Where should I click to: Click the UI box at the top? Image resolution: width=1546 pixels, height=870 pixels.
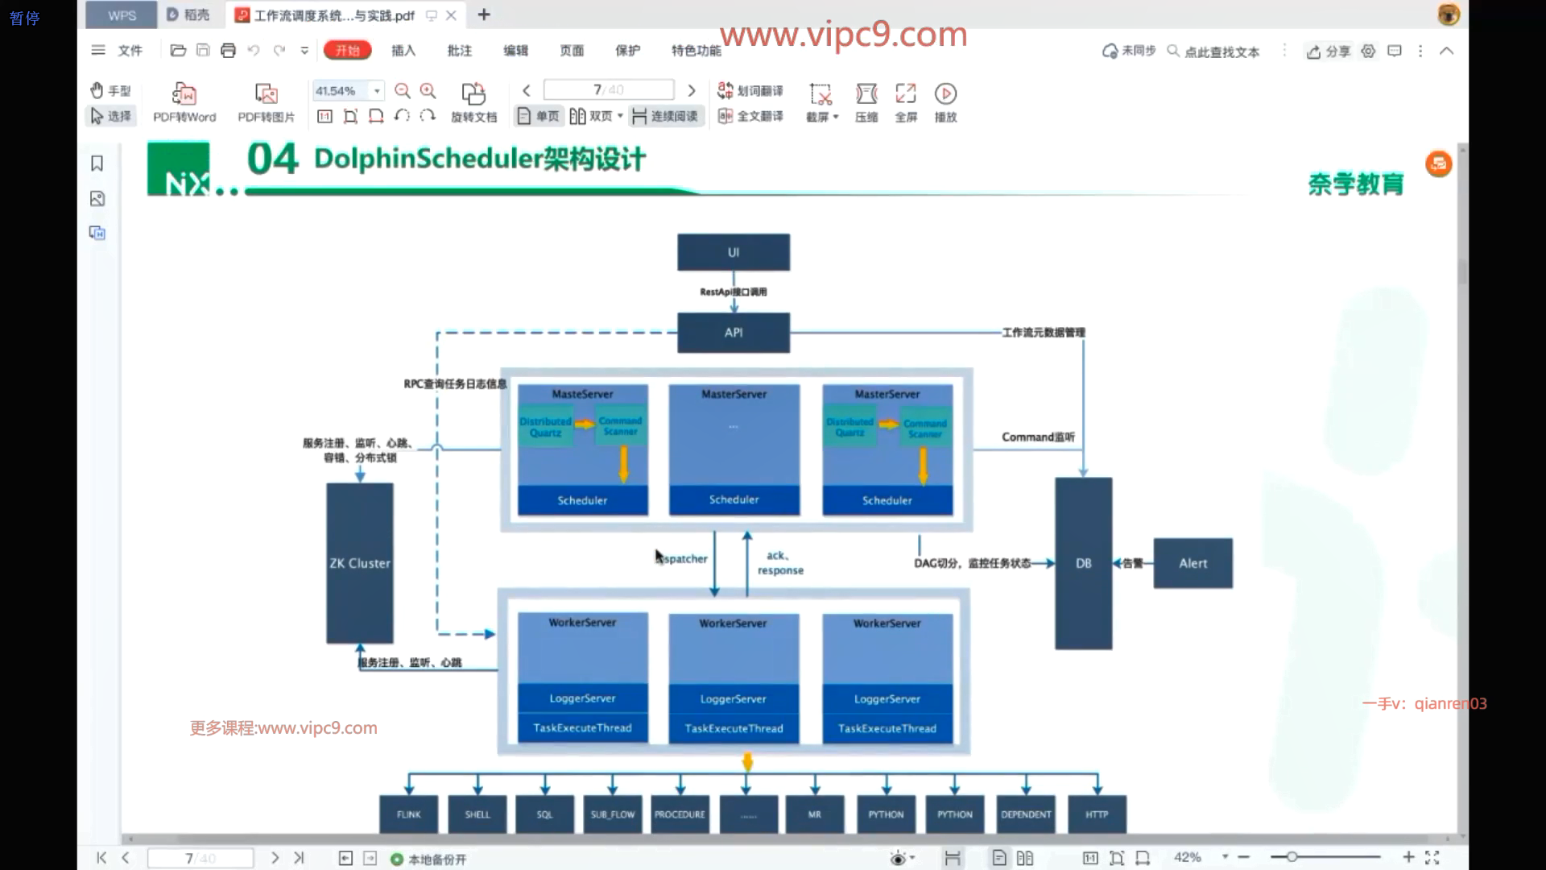[733, 252]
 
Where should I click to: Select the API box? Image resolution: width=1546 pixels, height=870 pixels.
[733, 332]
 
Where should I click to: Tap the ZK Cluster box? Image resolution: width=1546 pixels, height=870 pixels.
[359, 563]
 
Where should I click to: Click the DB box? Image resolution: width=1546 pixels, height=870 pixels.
[1083, 563]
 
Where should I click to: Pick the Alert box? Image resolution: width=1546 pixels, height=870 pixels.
[1193, 563]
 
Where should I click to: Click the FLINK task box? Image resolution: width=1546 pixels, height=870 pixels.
[408, 814]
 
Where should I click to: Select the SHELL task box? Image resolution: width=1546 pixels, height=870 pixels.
[477, 814]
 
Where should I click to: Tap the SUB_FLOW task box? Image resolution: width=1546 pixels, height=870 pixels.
[612, 814]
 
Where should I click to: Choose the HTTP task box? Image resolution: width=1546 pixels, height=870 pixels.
[1096, 814]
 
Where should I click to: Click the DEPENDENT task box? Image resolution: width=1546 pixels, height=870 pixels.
[1026, 814]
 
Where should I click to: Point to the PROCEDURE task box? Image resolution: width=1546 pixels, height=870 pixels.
[680, 814]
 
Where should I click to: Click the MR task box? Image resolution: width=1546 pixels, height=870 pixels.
[815, 814]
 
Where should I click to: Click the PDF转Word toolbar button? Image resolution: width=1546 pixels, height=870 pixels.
[184, 102]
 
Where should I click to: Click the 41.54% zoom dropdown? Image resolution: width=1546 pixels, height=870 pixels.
[376, 91]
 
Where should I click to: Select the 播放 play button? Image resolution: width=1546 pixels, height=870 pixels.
[945, 102]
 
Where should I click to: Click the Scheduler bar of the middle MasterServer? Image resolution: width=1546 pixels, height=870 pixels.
[734, 499]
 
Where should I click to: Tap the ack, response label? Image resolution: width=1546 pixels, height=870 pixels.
[779, 562]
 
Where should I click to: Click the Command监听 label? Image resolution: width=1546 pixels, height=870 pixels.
[1038, 437]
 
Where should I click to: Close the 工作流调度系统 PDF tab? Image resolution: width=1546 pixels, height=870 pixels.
[451, 15]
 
